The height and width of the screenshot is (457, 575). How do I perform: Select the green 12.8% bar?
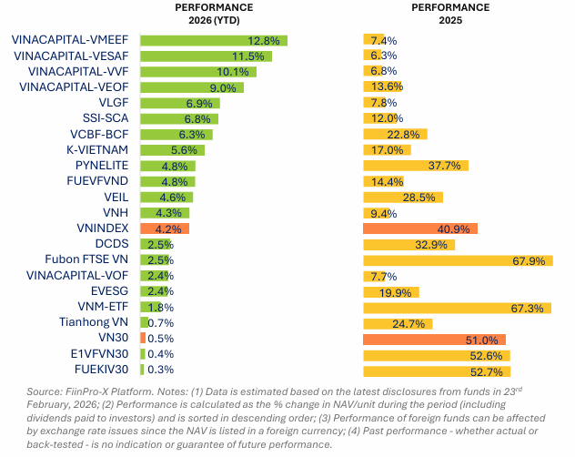click(x=213, y=40)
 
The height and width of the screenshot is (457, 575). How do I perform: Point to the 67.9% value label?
click(x=528, y=259)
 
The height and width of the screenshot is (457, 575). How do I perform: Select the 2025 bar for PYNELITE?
click(x=415, y=166)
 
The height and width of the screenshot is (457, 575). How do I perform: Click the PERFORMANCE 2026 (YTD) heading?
click(x=213, y=14)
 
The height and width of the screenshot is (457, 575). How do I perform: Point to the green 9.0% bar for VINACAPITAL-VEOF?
click(x=192, y=87)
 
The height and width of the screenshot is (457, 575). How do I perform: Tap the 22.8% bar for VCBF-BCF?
click(x=394, y=134)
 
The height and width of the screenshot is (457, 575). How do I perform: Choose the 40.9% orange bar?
click(x=419, y=228)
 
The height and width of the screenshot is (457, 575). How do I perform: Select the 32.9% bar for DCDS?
click(x=409, y=244)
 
